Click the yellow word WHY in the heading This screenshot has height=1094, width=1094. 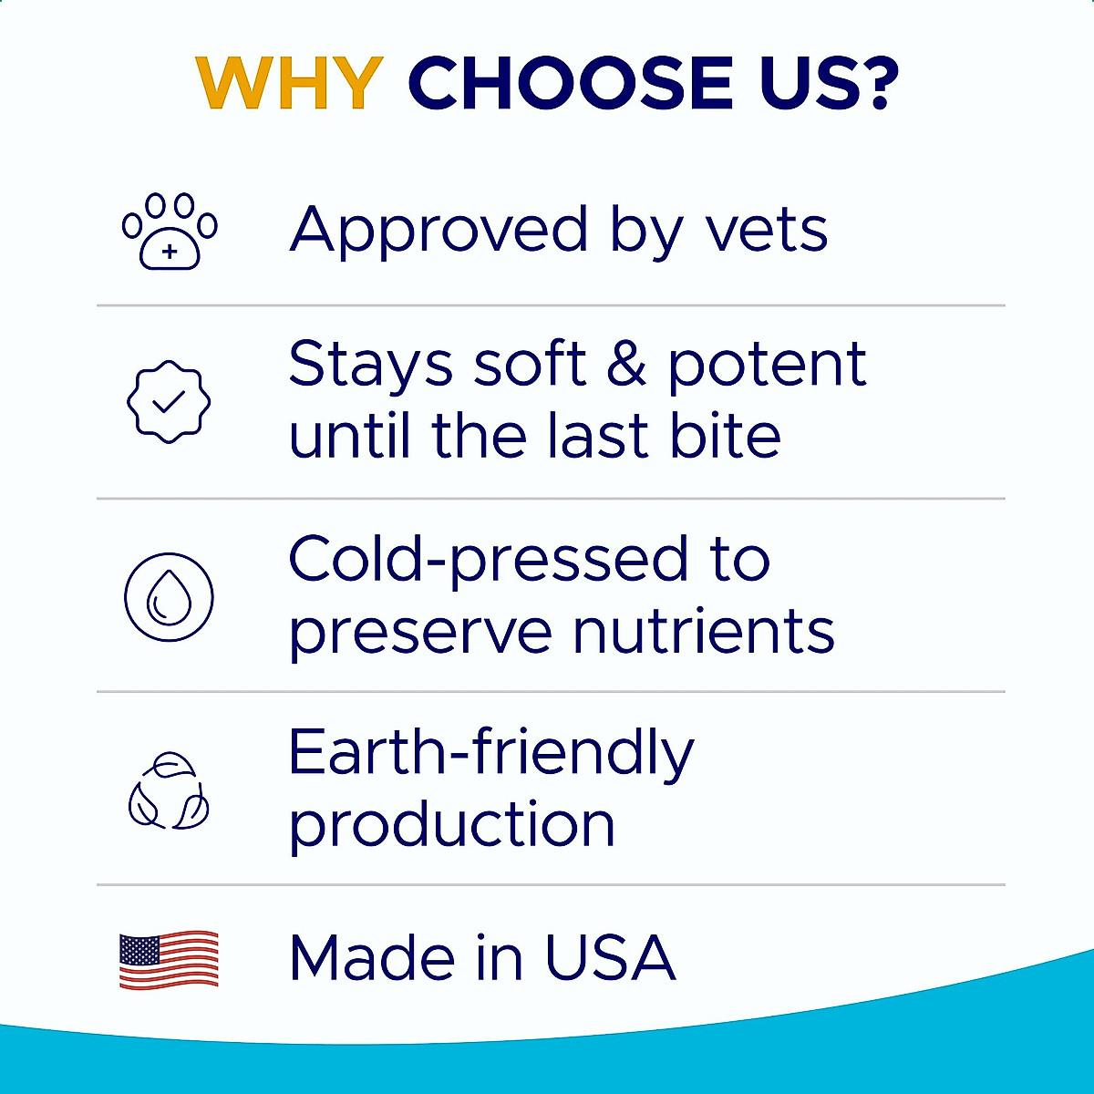[x=289, y=83]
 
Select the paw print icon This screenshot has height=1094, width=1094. [x=170, y=231]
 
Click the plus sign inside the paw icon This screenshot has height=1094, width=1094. [x=170, y=253]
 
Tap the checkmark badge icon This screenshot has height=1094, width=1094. [x=169, y=401]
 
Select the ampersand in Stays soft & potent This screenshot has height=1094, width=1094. [x=626, y=364]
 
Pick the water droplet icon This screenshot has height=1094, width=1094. [x=169, y=597]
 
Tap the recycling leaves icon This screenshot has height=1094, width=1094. [x=169, y=791]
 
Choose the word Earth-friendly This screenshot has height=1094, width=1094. [x=490, y=754]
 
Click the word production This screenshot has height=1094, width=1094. [x=452, y=826]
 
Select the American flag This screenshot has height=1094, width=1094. [x=169, y=960]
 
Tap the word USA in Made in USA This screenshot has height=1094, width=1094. [x=610, y=958]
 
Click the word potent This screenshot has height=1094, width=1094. [x=767, y=366]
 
